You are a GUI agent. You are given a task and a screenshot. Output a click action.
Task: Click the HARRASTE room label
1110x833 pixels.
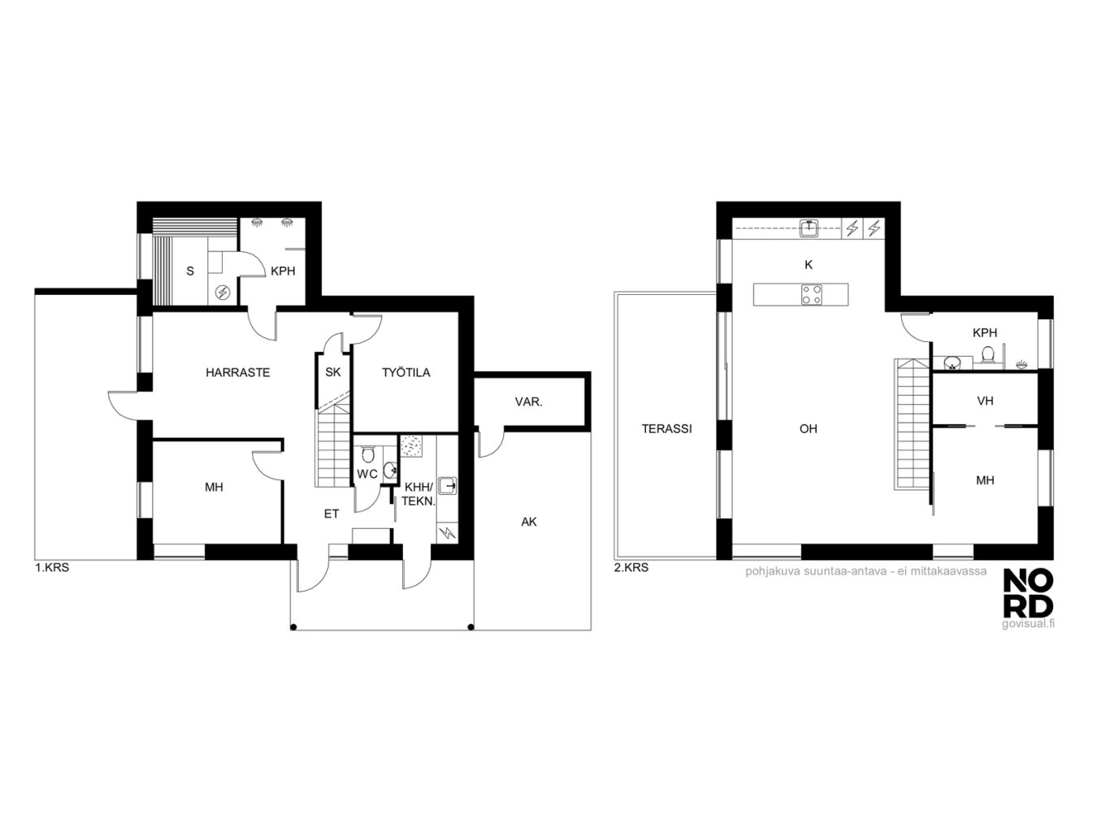(x=237, y=373)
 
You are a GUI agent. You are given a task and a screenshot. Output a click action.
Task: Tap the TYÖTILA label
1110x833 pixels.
(x=406, y=373)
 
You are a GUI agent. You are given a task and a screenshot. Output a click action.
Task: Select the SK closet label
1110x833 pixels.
(x=332, y=373)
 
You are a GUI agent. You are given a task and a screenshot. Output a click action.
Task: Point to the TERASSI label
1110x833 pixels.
(x=666, y=429)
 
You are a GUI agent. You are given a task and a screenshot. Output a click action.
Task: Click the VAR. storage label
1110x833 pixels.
(x=529, y=402)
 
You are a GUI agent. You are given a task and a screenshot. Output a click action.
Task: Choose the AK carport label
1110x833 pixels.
(x=529, y=522)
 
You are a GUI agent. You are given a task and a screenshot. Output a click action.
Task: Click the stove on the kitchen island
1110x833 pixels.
(x=811, y=294)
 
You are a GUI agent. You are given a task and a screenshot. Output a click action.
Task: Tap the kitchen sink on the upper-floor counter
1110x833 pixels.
(x=809, y=228)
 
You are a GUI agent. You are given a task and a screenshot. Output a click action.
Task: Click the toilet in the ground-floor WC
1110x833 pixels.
(x=367, y=454)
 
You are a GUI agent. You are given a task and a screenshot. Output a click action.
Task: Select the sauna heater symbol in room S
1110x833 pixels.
(x=223, y=292)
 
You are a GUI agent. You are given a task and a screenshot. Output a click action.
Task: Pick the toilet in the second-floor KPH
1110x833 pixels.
(x=987, y=354)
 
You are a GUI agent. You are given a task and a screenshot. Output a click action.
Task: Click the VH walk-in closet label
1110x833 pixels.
(x=985, y=401)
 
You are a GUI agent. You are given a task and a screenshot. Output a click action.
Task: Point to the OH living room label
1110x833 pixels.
(x=808, y=429)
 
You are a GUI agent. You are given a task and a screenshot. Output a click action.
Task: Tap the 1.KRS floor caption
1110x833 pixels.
(x=51, y=567)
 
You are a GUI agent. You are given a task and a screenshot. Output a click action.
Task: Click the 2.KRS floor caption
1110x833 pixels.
(x=631, y=567)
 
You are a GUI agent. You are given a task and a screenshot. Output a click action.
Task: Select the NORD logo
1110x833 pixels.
(x=1028, y=600)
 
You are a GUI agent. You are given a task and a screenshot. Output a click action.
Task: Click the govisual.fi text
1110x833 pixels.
(x=1028, y=623)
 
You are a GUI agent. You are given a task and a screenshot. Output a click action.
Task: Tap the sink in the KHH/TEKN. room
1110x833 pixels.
(x=448, y=485)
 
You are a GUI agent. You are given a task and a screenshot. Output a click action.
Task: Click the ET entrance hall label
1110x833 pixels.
(x=332, y=514)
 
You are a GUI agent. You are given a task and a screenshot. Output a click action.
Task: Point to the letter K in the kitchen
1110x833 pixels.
(x=808, y=264)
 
